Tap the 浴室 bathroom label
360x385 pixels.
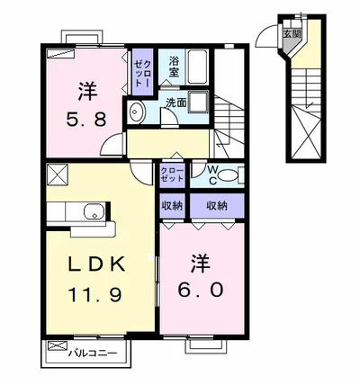click(174, 67)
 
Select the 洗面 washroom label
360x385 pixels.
click(176, 103)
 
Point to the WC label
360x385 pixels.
click(212, 175)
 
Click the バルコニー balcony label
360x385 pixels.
click(93, 354)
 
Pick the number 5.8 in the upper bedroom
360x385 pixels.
click(86, 120)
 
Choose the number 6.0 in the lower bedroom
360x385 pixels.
click(201, 290)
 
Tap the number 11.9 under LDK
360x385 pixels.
click(95, 294)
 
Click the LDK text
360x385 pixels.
click(96, 264)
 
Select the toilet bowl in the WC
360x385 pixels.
click(227, 175)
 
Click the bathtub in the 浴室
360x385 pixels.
click(197, 67)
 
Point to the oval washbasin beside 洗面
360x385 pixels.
click(137, 112)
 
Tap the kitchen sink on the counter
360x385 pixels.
click(94, 211)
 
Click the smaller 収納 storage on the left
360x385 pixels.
click(172, 206)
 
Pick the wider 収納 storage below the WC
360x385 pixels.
click(217, 206)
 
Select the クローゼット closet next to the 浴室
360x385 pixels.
click(143, 72)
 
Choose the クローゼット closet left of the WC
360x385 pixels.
click(172, 175)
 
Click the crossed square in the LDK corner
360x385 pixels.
click(58, 175)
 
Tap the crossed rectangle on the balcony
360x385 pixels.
click(58, 345)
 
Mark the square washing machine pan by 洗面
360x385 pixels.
click(198, 102)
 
